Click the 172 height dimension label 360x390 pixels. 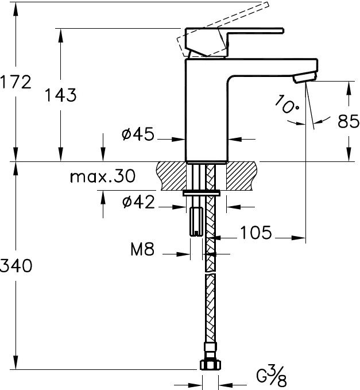click(x=16, y=82)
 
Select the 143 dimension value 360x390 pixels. click(x=61, y=95)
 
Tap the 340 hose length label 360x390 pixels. click(x=16, y=265)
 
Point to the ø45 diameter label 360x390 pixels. click(x=138, y=134)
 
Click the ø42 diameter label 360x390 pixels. click(x=138, y=202)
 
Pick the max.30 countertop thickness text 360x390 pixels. click(x=103, y=176)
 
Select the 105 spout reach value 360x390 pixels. click(x=256, y=233)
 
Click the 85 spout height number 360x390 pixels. click(x=349, y=122)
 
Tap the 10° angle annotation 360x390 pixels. click(x=287, y=104)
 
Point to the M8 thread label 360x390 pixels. click(x=142, y=249)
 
